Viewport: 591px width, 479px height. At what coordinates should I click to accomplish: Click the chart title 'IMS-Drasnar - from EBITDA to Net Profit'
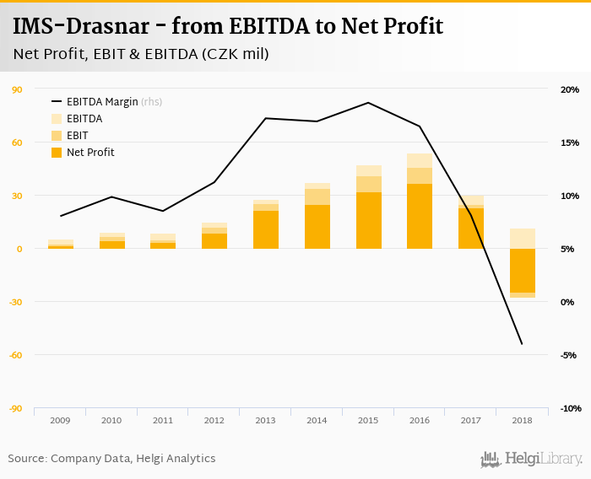tap(228, 26)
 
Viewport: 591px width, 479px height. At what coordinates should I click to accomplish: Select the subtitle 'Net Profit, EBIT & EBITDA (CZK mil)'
tap(141, 54)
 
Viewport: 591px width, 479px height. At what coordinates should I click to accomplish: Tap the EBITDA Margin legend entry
tap(101, 102)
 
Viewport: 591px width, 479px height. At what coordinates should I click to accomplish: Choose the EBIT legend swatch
tap(57, 136)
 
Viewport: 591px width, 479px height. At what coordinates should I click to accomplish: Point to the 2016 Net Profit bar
tap(420, 216)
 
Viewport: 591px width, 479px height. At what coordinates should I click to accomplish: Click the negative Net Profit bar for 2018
tap(522, 270)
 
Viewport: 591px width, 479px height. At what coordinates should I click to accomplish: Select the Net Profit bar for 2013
tap(266, 229)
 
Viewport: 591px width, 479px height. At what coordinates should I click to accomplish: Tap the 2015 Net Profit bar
tap(368, 220)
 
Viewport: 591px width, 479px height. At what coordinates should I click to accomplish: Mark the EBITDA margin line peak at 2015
tap(368, 103)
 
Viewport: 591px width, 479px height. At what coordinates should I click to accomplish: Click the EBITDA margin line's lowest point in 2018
tap(522, 344)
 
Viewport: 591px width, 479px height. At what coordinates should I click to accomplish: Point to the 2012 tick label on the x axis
tap(214, 420)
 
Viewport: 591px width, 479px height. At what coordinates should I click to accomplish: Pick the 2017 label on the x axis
tap(470, 420)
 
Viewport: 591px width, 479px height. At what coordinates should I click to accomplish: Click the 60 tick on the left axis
tap(17, 143)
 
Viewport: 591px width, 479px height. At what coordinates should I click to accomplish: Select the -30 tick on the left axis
tap(15, 302)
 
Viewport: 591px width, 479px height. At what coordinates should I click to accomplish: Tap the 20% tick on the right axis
tap(569, 89)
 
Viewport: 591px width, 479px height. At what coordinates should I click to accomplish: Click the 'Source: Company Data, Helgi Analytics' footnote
tap(111, 459)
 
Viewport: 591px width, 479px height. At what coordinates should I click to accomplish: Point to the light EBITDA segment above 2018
tap(522, 239)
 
